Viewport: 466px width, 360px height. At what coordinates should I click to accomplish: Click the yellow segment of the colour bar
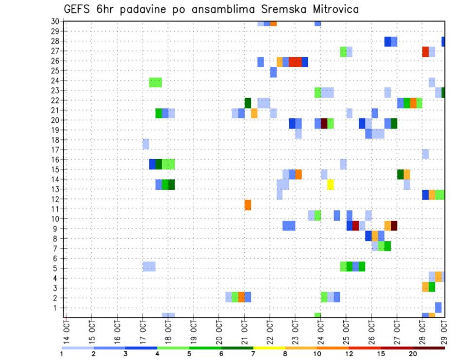(269, 348)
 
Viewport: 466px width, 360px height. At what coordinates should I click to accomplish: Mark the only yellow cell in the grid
(331, 184)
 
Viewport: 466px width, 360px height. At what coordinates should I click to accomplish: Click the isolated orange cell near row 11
(248, 204)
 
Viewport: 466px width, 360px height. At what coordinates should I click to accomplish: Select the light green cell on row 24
(155, 82)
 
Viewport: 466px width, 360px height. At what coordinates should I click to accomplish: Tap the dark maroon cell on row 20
(324, 123)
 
